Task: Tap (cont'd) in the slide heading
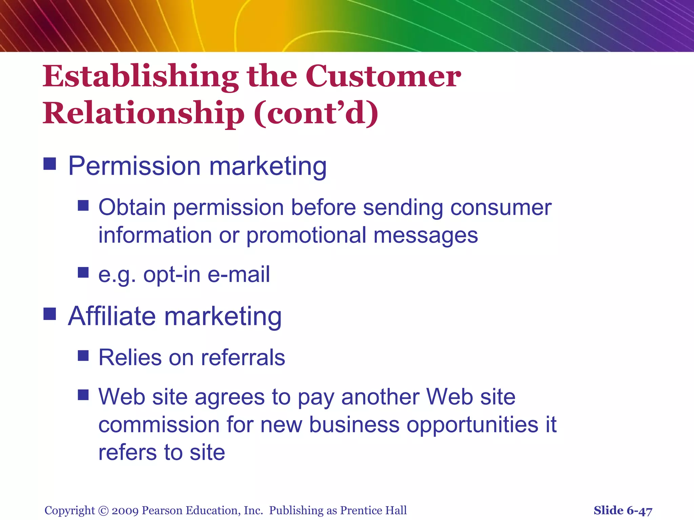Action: pyautogui.click(x=316, y=113)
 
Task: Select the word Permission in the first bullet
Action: pyautogui.click(x=134, y=167)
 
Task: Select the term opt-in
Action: pyautogui.click(x=172, y=274)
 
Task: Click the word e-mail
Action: pyautogui.click(x=239, y=274)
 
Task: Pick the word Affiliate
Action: pyautogui.click(x=112, y=316)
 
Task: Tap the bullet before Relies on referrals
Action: pyautogui.click(x=83, y=355)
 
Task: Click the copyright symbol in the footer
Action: pyautogui.click(x=103, y=511)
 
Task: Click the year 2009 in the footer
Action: pyautogui.click(x=125, y=511)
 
